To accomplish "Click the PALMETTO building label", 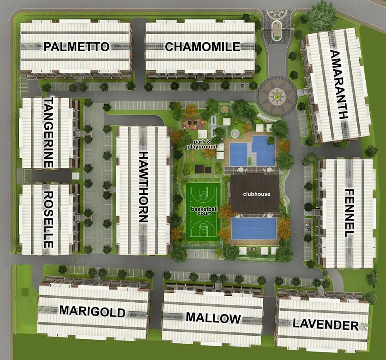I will click(x=76, y=47).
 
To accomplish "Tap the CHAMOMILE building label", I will click(x=202, y=47).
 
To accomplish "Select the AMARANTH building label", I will click(x=338, y=84).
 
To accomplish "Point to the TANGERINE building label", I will click(x=48, y=133).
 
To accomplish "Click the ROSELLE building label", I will click(x=48, y=219).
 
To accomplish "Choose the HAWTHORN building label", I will click(x=143, y=187).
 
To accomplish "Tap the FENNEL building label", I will click(x=349, y=213).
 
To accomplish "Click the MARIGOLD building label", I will click(x=92, y=311).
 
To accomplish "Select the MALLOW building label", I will click(x=213, y=318).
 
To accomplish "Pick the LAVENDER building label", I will click(x=325, y=325).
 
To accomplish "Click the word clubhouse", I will click(x=256, y=194).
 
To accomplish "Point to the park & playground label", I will click(x=202, y=144).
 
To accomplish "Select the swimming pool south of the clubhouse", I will click(x=254, y=228).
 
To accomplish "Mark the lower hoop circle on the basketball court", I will click(x=203, y=227).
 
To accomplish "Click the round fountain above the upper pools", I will click(x=234, y=133).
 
